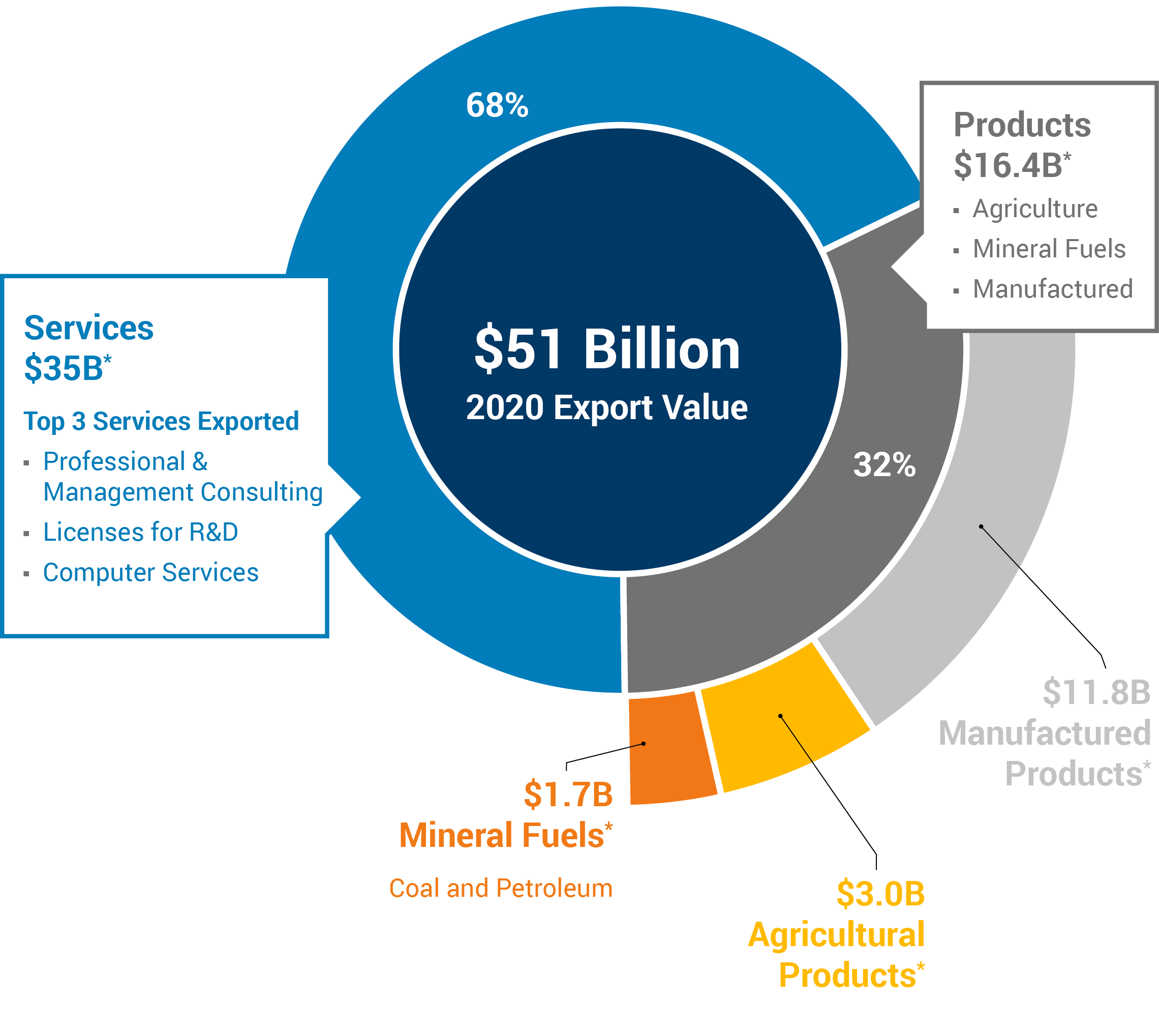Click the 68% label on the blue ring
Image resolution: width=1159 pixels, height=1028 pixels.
click(x=497, y=105)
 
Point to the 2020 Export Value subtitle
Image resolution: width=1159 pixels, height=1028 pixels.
click(x=607, y=407)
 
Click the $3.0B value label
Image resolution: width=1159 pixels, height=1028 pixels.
click(x=880, y=894)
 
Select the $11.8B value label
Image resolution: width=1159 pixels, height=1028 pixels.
click(x=1096, y=693)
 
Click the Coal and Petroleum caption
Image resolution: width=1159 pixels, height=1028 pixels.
click(x=501, y=889)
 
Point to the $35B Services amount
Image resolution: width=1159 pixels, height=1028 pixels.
click(x=68, y=368)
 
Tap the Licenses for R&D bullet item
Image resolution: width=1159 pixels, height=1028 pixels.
click(x=141, y=532)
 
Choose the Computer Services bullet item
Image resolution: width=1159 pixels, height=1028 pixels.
click(x=151, y=572)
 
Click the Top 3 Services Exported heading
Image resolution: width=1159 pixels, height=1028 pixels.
click(x=161, y=422)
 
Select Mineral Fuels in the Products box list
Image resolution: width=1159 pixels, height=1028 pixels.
click(x=1049, y=249)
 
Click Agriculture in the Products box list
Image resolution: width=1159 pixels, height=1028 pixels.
click(x=1035, y=209)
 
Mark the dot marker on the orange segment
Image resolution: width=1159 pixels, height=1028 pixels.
click(x=644, y=743)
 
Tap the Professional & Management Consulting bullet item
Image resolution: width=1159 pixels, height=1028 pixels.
click(x=182, y=477)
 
